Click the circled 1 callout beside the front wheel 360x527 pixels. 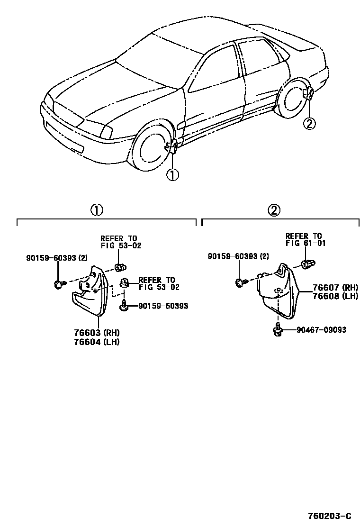click(172, 175)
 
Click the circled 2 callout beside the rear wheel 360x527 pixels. click(308, 124)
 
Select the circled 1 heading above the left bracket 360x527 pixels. click(97, 210)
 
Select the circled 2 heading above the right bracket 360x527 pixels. click(274, 210)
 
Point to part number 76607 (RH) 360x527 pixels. click(334, 287)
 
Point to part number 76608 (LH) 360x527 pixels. click(334, 296)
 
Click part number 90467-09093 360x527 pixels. click(321, 330)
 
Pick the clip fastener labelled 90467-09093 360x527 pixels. click(278, 330)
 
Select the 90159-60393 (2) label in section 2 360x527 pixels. click(239, 256)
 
